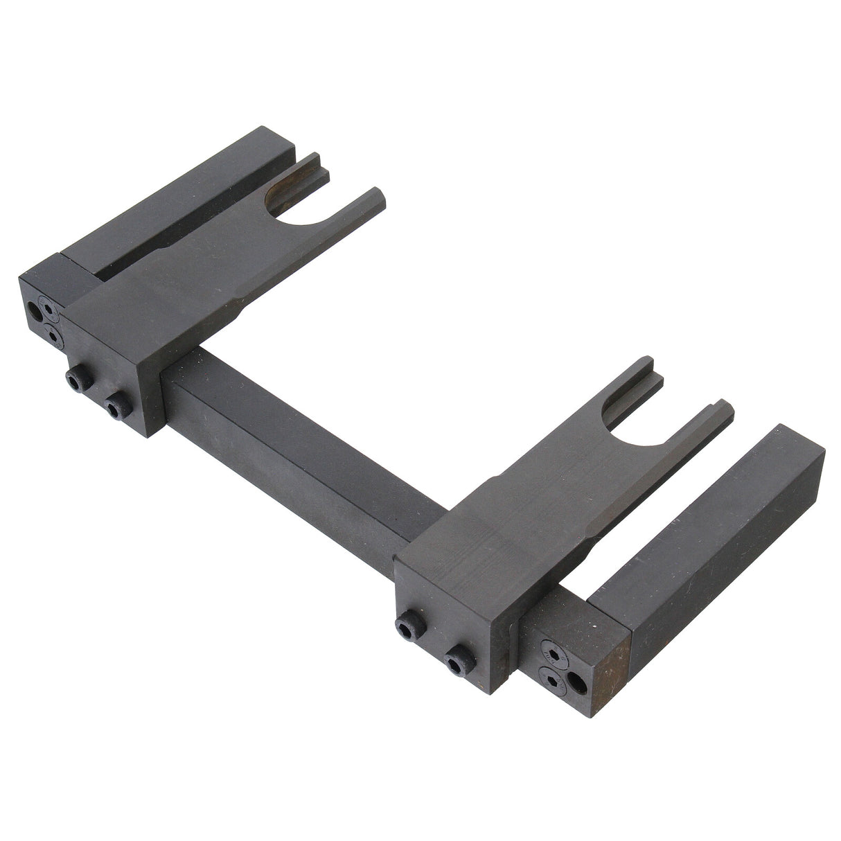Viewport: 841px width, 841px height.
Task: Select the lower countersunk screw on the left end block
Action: click(x=53, y=334)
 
